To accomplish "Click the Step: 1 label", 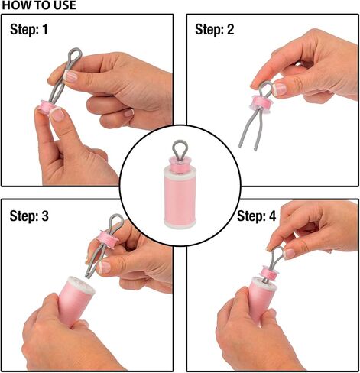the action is coord(29,29).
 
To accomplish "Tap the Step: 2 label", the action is coord(214,29).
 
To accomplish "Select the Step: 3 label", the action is coord(29,216).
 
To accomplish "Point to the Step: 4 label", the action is coord(256,216).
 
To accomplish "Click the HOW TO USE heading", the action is coord(39,5).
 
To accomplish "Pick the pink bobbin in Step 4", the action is coord(271,272).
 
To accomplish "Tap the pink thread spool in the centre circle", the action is coord(180,197).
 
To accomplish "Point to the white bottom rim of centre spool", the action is coord(180,224).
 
